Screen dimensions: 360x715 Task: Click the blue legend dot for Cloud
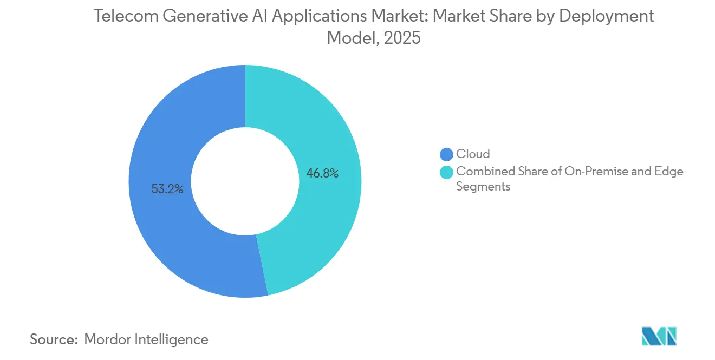pos(447,154)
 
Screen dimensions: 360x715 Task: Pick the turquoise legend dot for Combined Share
pos(447,172)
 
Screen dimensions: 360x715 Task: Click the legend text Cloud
pos(473,154)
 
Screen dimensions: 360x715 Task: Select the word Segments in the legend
pos(483,186)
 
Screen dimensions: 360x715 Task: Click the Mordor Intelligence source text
pos(146,339)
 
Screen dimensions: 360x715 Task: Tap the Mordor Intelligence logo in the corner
pos(659,336)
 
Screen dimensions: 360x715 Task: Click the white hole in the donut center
pos(245,181)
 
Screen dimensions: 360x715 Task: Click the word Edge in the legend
pos(670,172)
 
